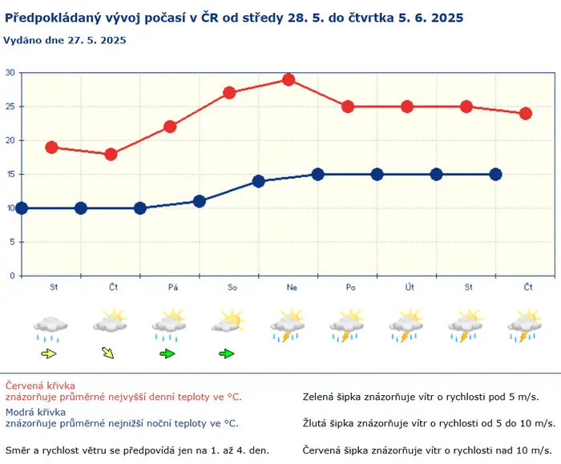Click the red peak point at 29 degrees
tap(289, 79)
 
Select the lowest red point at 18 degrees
tap(111, 154)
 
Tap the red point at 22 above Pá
tap(170, 127)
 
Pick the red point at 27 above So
tap(229, 93)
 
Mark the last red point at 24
tap(526, 114)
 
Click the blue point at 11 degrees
tap(200, 201)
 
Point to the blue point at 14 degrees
tap(259, 181)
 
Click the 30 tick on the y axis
tap(10, 73)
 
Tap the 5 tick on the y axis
tap(12, 242)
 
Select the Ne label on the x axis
tap(292, 287)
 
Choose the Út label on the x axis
tap(410, 287)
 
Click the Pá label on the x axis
tap(173, 287)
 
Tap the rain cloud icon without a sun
tap(50, 329)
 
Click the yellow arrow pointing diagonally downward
tap(107, 353)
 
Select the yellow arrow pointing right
tap(49, 354)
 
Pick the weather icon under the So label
tap(229, 321)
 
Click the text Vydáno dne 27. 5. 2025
tap(65, 40)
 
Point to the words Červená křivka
tap(40, 385)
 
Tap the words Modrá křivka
tap(35, 412)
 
